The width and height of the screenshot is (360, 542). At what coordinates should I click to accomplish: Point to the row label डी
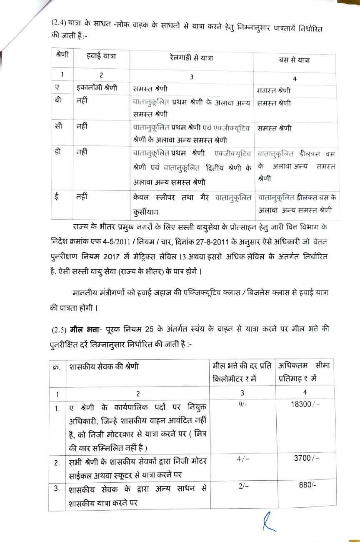(x=58, y=152)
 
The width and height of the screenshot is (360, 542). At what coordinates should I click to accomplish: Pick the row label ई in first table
(x=57, y=195)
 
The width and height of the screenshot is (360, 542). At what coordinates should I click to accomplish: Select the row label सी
(x=59, y=125)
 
